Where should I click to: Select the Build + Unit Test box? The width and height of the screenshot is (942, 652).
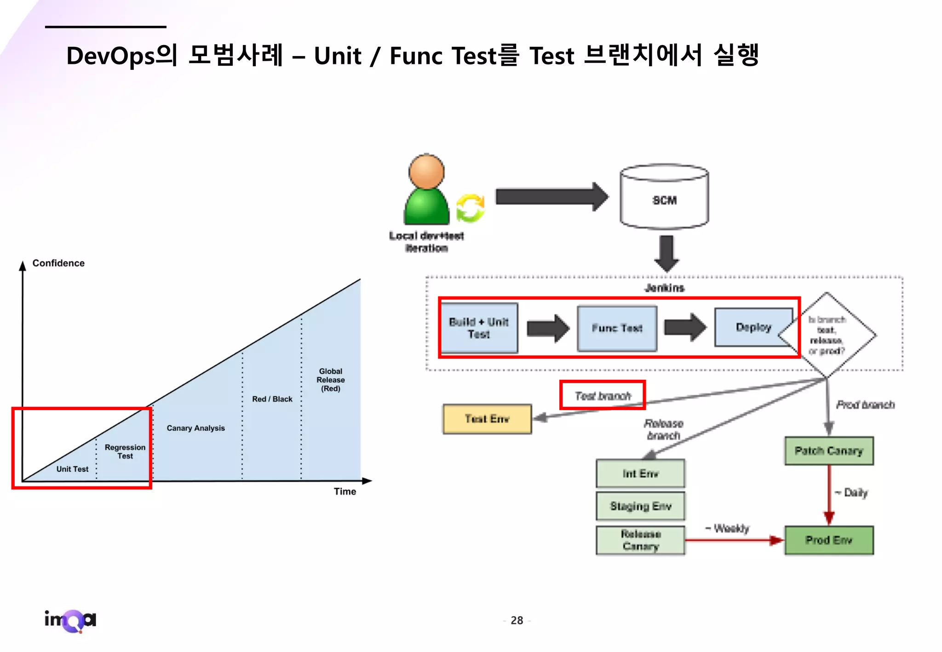[x=478, y=328]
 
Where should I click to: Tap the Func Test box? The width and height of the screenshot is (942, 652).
[x=617, y=328]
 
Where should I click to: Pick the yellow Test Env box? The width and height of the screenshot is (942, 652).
[x=487, y=419]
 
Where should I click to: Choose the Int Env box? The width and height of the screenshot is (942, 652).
[x=640, y=473]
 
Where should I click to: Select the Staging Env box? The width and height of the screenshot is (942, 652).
[x=640, y=506]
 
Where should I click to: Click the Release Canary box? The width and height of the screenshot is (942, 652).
[x=640, y=540]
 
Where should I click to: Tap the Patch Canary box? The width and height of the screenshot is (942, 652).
[x=829, y=451]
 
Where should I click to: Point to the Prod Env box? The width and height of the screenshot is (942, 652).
[x=829, y=540]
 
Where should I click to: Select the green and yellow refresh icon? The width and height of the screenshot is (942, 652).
[x=470, y=208]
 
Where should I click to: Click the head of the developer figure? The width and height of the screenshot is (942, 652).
[x=426, y=172]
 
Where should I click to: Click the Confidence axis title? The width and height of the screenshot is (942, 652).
[x=58, y=263]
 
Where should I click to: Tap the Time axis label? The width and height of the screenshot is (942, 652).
[x=345, y=492]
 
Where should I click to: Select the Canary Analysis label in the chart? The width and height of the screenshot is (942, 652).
[x=195, y=428]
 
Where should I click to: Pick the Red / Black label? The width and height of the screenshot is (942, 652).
[x=272, y=399]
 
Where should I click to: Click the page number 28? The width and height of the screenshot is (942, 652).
[x=517, y=621]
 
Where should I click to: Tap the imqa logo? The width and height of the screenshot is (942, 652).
[x=70, y=620]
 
